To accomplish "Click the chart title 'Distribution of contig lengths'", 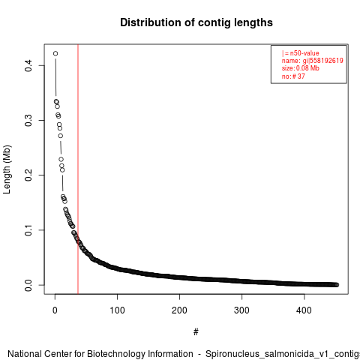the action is (x=196, y=22).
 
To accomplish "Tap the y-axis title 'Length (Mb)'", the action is (x=7, y=169).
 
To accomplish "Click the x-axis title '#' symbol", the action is (x=196, y=332).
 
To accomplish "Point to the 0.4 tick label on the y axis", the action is (x=28, y=66).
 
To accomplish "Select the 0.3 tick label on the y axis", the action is (x=28, y=121).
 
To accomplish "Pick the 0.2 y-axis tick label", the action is (x=28, y=175).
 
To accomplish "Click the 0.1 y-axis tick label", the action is (x=28, y=230).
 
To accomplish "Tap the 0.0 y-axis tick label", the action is (x=28, y=285).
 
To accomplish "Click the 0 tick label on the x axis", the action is (x=55, y=310).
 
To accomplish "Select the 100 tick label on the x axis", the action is (x=117, y=310).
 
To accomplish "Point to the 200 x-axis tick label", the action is (x=179, y=310).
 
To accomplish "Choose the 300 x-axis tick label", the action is (x=241, y=310).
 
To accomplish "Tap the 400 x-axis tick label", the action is (x=304, y=310).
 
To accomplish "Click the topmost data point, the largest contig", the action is (x=55, y=53).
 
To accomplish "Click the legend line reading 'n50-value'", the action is (x=301, y=53).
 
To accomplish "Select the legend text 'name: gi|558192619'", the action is (x=313, y=61).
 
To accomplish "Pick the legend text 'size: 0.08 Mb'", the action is (x=301, y=68).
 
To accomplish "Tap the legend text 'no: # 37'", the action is (x=293, y=76).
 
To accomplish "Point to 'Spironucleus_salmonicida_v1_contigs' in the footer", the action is (x=283, y=354).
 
